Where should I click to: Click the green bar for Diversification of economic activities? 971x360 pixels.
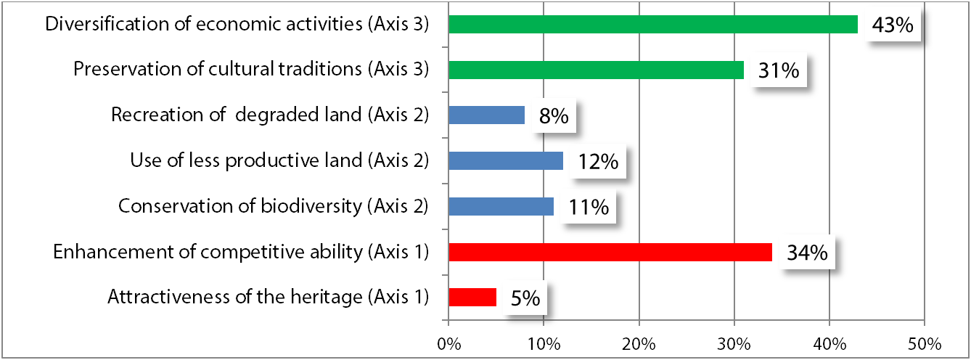point(653,25)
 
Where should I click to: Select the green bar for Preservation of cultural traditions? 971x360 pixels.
point(596,70)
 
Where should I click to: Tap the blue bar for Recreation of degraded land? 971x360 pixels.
point(486,115)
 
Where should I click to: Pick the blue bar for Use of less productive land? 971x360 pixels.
point(506,160)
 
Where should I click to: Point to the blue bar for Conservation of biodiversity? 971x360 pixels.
point(501,206)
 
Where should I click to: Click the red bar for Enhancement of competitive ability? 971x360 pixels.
point(610,252)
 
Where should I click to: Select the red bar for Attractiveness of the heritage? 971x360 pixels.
point(472,298)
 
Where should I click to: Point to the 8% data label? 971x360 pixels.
point(553,116)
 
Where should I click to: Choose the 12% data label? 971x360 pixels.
point(598,161)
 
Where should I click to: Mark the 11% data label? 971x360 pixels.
point(588,207)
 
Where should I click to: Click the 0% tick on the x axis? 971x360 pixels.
point(448,342)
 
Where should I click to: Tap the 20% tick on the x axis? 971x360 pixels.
point(639,342)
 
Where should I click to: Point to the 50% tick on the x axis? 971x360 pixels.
point(923,342)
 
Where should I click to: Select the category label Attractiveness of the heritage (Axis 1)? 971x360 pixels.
point(268,297)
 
